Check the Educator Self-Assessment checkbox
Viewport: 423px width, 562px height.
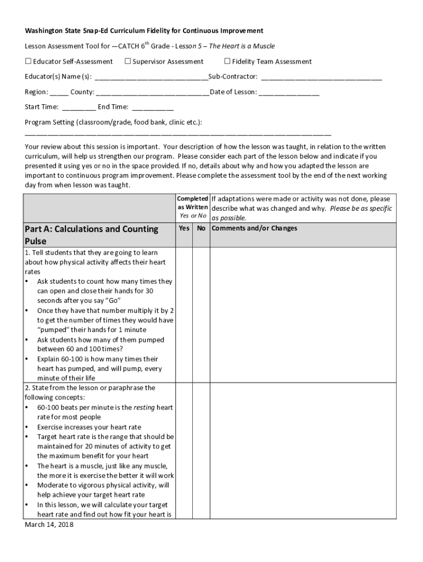(28, 61)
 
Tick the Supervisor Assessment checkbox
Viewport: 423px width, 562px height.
(127, 61)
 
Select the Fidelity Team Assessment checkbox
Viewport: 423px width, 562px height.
(227, 61)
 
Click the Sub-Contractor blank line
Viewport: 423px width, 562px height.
(321, 78)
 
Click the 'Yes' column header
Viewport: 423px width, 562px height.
(185, 228)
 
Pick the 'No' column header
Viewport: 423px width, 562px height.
(202, 228)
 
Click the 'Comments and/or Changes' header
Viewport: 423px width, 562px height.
(254, 228)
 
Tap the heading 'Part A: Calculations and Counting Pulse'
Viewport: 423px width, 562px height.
(91, 235)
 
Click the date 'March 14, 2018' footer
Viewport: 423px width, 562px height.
(49, 525)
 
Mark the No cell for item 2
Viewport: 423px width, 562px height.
(202, 450)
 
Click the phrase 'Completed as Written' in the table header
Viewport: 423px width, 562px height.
(192, 203)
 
